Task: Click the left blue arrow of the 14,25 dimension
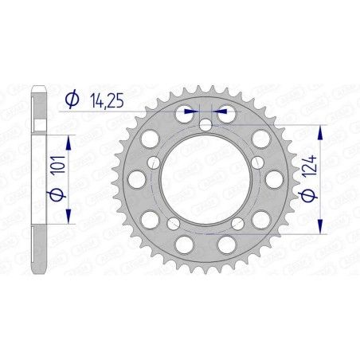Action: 189,112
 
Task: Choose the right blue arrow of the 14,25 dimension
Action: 221,112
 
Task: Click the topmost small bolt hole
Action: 205,125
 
